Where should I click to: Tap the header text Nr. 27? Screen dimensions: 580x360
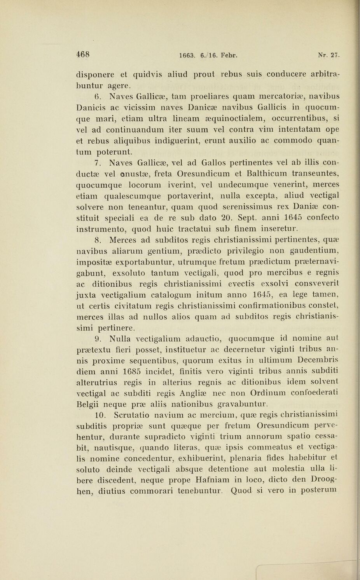coord(329,55)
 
